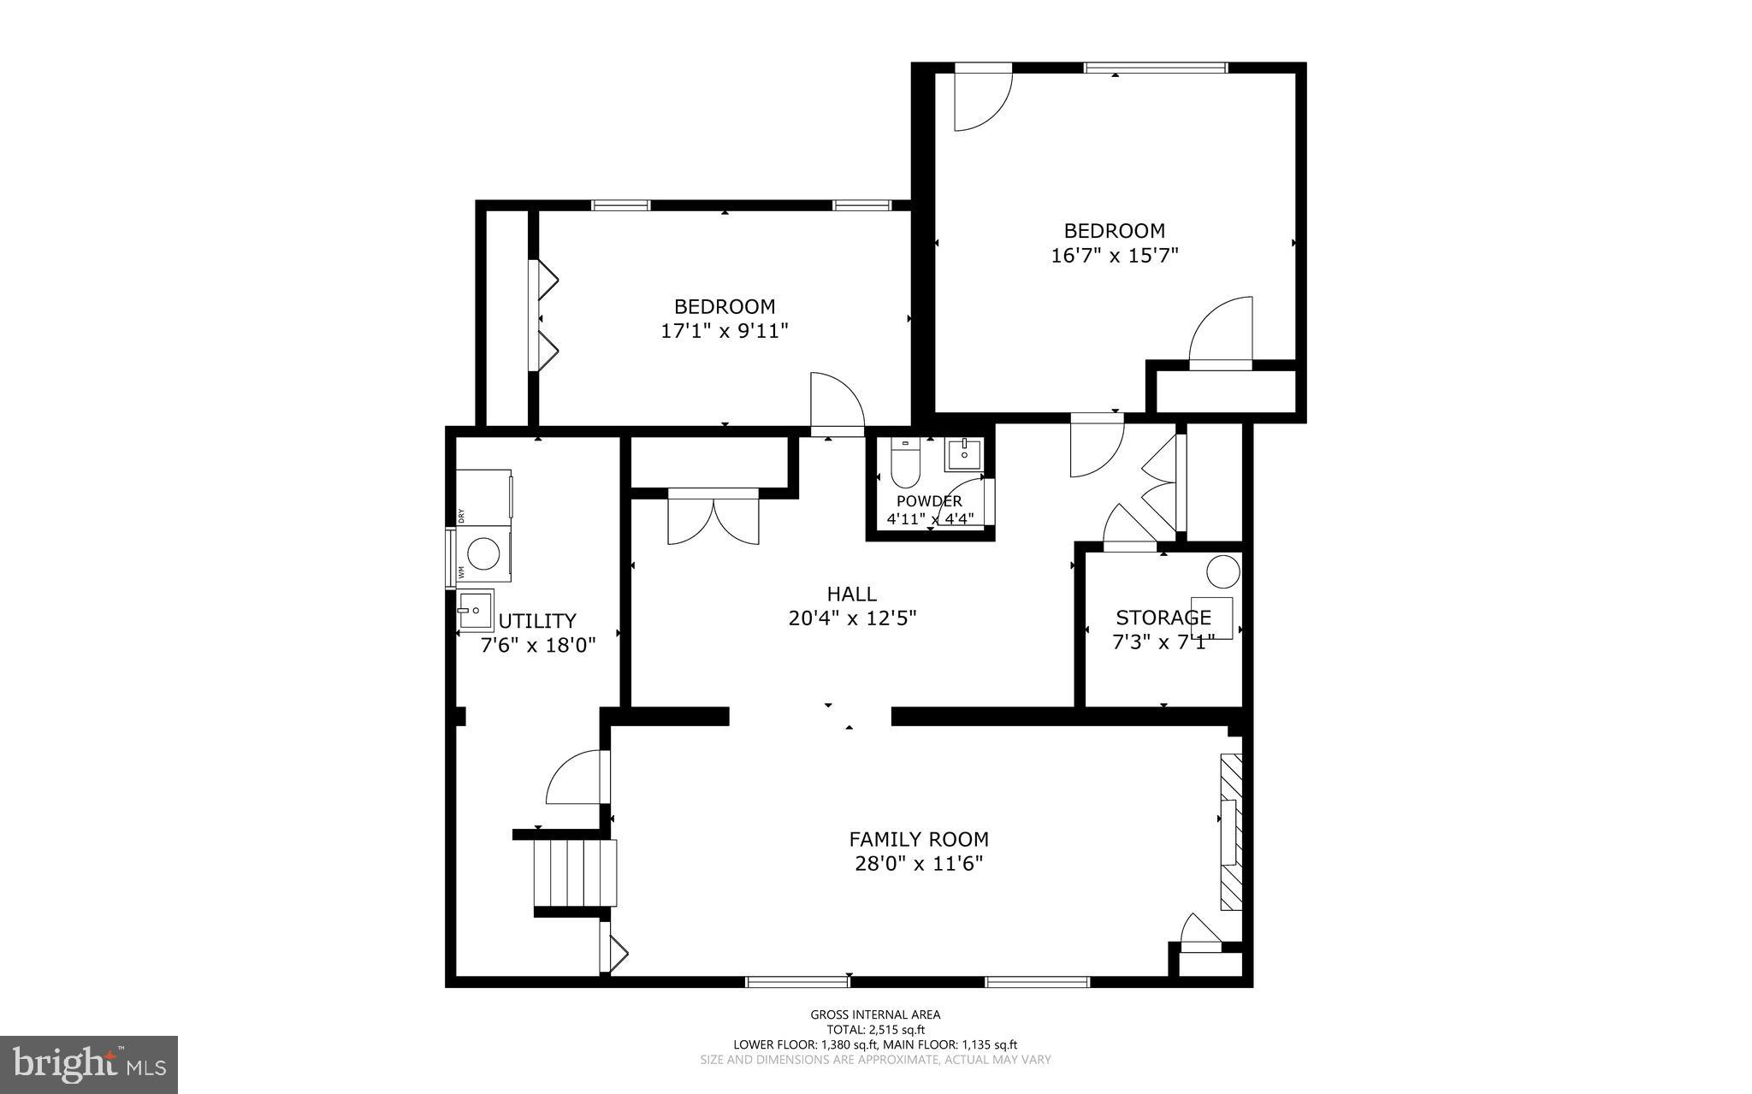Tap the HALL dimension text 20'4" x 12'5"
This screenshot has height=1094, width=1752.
(x=852, y=618)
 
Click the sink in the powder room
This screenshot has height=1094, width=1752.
(x=964, y=453)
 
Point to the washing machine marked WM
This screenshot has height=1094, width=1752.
(x=484, y=554)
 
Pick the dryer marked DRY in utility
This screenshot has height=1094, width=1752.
(x=484, y=494)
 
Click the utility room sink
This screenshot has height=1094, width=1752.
(x=475, y=611)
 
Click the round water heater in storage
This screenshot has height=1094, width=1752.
(x=1223, y=571)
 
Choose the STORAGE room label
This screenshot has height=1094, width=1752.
(x=1163, y=617)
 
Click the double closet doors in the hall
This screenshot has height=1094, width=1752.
(x=713, y=518)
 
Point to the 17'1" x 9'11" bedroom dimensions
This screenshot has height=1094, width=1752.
(x=724, y=331)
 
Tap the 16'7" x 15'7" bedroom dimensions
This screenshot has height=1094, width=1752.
(x=1114, y=255)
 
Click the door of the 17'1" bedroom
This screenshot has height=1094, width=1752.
(x=836, y=405)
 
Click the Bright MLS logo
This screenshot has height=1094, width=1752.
(x=89, y=1064)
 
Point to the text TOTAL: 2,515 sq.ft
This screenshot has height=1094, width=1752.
(x=875, y=1030)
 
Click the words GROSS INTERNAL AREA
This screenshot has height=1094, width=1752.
(x=875, y=1015)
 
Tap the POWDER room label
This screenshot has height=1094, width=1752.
(x=929, y=501)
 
